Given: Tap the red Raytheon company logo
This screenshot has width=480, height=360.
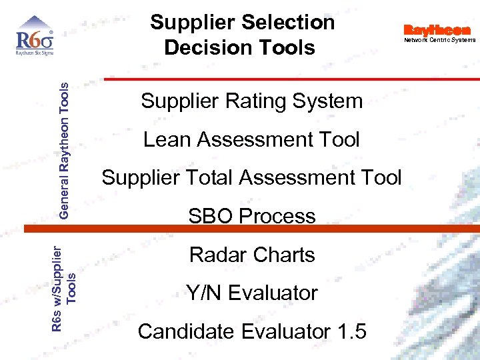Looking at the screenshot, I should [x=437, y=30].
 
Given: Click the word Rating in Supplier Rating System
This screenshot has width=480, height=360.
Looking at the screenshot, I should [x=250, y=102].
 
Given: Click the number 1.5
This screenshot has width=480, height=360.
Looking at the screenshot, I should [x=347, y=331].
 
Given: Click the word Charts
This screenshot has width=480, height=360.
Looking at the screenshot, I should [x=284, y=255].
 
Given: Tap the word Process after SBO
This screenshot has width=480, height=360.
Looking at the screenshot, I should [x=277, y=216].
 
